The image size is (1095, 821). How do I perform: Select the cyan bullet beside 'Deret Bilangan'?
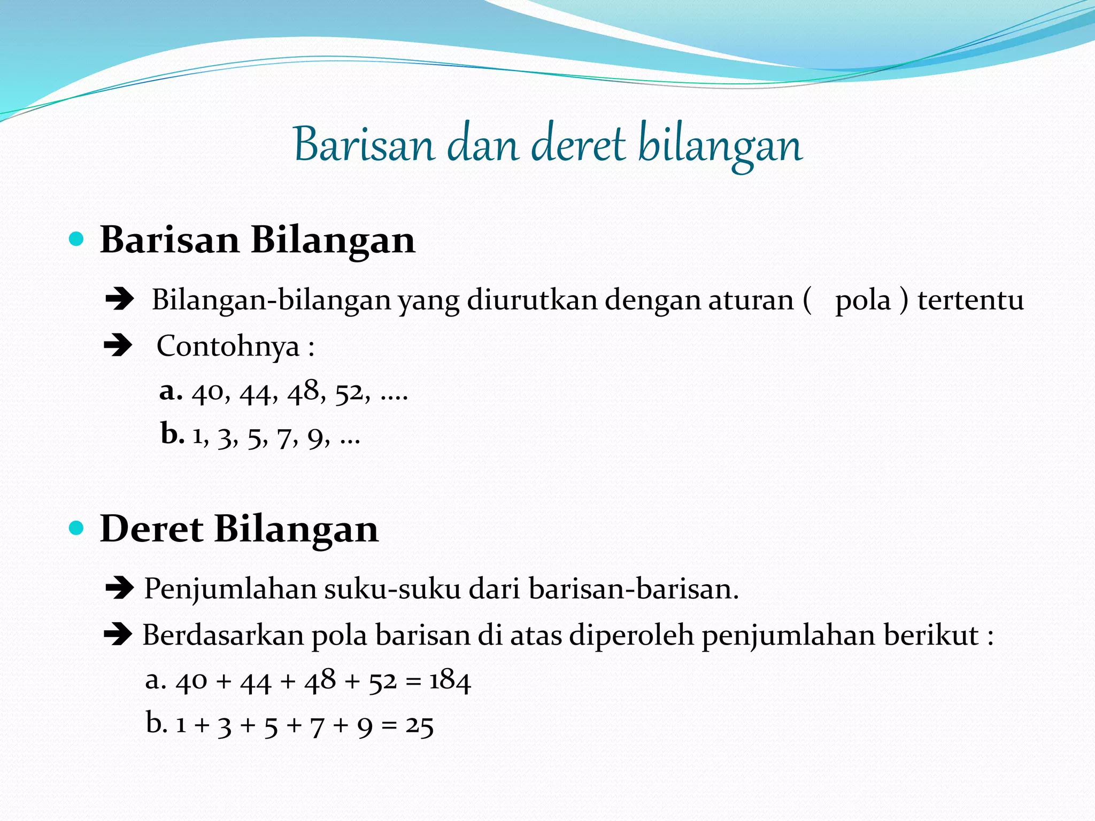point(77,528)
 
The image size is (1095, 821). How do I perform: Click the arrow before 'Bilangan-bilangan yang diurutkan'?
point(119,299)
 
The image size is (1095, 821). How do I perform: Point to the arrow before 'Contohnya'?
point(118,345)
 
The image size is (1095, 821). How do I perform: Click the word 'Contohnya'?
point(228,346)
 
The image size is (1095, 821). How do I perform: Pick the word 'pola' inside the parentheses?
point(862,300)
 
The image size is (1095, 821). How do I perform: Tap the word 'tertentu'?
point(970,299)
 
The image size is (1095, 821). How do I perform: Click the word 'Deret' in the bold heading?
point(151,529)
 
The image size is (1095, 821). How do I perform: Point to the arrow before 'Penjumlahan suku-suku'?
point(119,589)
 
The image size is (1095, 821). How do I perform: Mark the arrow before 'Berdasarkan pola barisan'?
point(118,635)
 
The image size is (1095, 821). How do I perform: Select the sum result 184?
point(450,681)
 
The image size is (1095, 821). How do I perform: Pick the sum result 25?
point(419,726)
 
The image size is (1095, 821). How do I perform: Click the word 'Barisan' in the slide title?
point(364,145)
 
